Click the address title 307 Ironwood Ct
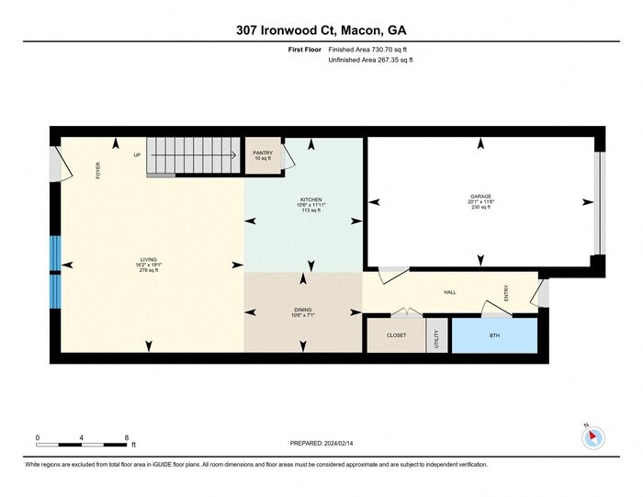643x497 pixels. pos(321,29)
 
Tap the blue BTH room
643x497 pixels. pos(494,335)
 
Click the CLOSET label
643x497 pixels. pos(396,335)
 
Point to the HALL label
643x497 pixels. pos(450,292)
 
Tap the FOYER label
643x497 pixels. pos(97,170)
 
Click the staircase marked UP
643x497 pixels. pos(193,154)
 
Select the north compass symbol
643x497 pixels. pos(593,436)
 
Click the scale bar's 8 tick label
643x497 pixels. pos(127,436)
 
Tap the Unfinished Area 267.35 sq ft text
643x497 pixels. pos(370,61)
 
